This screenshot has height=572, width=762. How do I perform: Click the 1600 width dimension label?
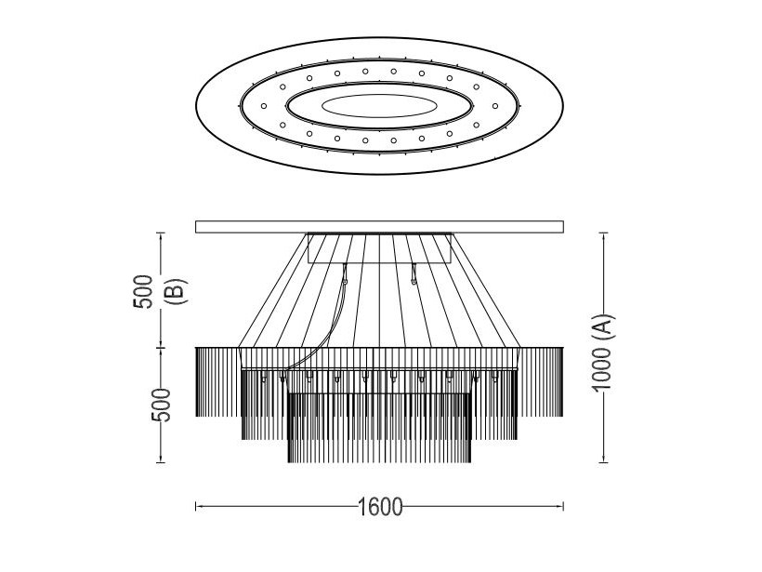click(x=380, y=507)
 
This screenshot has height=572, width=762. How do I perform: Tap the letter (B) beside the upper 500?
click(x=176, y=291)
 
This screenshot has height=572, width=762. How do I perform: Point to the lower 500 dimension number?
click(x=162, y=406)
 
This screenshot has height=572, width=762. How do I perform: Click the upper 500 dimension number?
click(x=143, y=291)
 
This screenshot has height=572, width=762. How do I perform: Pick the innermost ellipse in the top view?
click(x=379, y=106)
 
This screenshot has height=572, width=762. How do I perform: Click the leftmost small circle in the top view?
click(x=264, y=106)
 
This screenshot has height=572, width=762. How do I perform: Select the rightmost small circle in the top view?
click(x=495, y=106)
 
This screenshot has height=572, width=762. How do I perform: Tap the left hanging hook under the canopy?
click(x=345, y=273)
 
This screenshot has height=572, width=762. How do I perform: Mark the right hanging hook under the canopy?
click(x=414, y=273)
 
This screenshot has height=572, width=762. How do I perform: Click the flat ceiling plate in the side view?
click(x=379, y=227)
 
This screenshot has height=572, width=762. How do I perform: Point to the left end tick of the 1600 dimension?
click(x=196, y=506)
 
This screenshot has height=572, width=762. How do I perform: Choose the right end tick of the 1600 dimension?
click(x=563, y=506)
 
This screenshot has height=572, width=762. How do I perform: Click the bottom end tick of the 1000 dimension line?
click(x=604, y=462)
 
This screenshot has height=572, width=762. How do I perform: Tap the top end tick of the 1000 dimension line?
click(x=604, y=233)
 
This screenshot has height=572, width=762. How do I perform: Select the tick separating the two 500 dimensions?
click(x=161, y=348)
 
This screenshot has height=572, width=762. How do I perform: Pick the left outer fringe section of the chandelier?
click(x=217, y=382)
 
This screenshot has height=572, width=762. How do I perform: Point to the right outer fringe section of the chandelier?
click(x=542, y=382)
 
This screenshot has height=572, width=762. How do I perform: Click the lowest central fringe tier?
click(x=379, y=428)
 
